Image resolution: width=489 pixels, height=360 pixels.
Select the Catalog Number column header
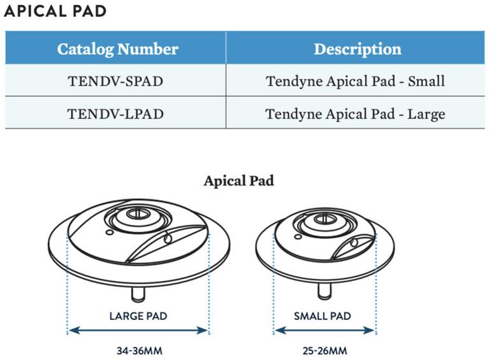click(117, 49)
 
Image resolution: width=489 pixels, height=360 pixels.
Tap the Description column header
click(357, 49)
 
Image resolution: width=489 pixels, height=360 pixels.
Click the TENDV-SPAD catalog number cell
click(115, 82)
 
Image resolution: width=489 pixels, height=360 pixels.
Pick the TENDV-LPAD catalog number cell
click(115, 115)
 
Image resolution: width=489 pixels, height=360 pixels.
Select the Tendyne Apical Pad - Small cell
click(355, 82)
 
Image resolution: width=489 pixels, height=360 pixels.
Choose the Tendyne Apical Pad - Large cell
click(355, 115)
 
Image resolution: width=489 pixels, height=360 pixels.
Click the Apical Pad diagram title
click(238, 181)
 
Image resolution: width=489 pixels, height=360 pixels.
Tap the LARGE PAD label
click(138, 315)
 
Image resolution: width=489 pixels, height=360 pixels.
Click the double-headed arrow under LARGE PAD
click(138, 330)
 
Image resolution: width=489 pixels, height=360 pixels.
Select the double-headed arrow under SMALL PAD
click(325, 330)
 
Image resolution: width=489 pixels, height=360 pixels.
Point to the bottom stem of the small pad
click(323, 290)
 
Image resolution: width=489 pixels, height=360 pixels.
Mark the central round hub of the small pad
click(323, 222)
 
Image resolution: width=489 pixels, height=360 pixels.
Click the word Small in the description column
click(427, 82)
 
